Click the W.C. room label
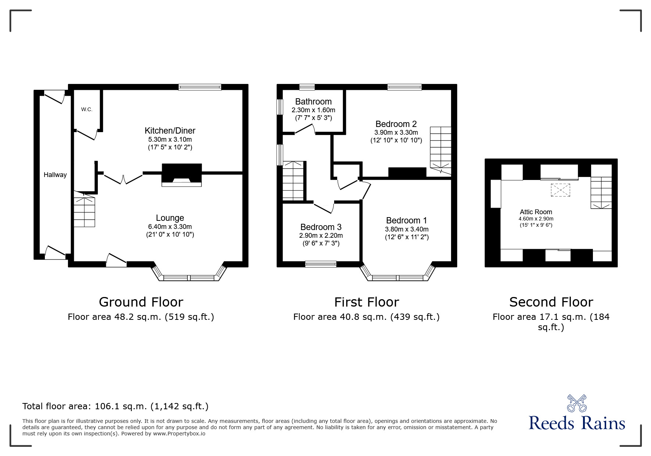[x=87, y=109]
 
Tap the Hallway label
[x=55, y=175]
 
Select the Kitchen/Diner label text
[x=170, y=131]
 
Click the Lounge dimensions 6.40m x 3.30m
[x=170, y=227]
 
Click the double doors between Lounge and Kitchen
[x=123, y=178]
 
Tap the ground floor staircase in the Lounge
[x=85, y=212]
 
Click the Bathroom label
[x=313, y=102]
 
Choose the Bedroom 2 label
[x=396, y=124]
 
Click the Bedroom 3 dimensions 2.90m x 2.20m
[x=321, y=236]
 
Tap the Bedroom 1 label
[x=407, y=220]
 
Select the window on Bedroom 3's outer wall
[x=321, y=264]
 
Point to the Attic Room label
[x=536, y=212]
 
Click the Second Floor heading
[x=551, y=302]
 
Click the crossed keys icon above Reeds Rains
[x=576, y=403]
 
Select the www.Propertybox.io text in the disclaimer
[x=179, y=434]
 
